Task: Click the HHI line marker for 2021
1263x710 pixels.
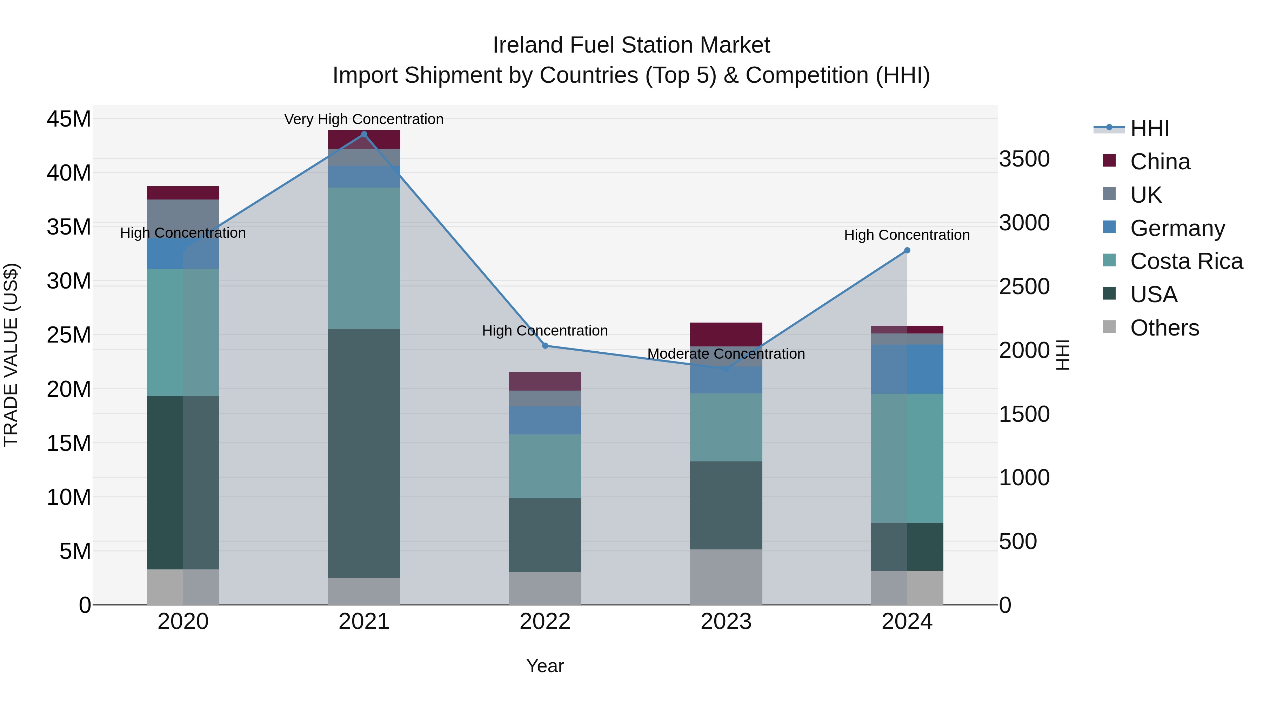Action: click(x=364, y=134)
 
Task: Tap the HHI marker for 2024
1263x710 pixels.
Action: click(x=907, y=250)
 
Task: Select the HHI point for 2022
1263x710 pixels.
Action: click(x=545, y=346)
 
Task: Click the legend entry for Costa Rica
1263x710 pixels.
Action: click(x=1186, y=261)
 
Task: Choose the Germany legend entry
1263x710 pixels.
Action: click(x=1177, y=228)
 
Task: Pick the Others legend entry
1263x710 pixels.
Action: click(x=1164, y=328)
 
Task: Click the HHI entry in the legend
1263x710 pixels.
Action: click(x=1149, y=128)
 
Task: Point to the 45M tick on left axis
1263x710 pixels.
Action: click(x=69, y=119)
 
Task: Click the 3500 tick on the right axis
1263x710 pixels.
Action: click(x=1024, y=159)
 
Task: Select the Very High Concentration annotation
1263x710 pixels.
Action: click(x=364, y=119)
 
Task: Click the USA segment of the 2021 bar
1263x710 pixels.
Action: click(x=364, y=453)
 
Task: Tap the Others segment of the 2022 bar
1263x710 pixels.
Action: click(x=545, y=588)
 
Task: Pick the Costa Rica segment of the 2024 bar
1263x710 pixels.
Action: click(x=907, y=458)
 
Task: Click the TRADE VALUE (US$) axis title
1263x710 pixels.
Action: click(x=11, y=355)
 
